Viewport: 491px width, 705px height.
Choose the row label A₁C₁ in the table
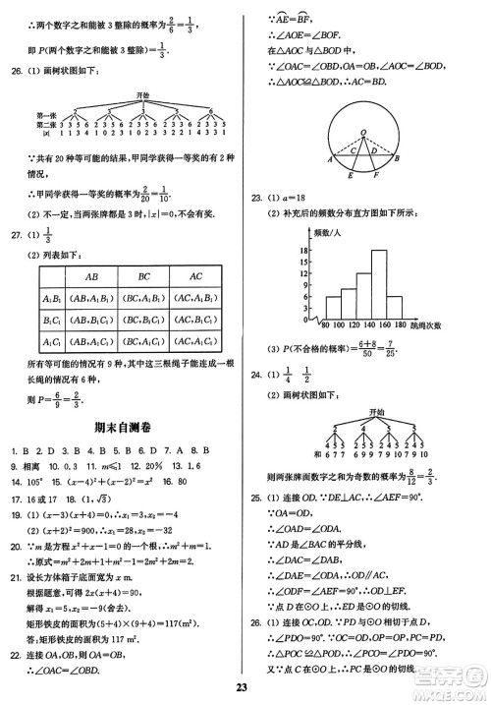tap(51, 341)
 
